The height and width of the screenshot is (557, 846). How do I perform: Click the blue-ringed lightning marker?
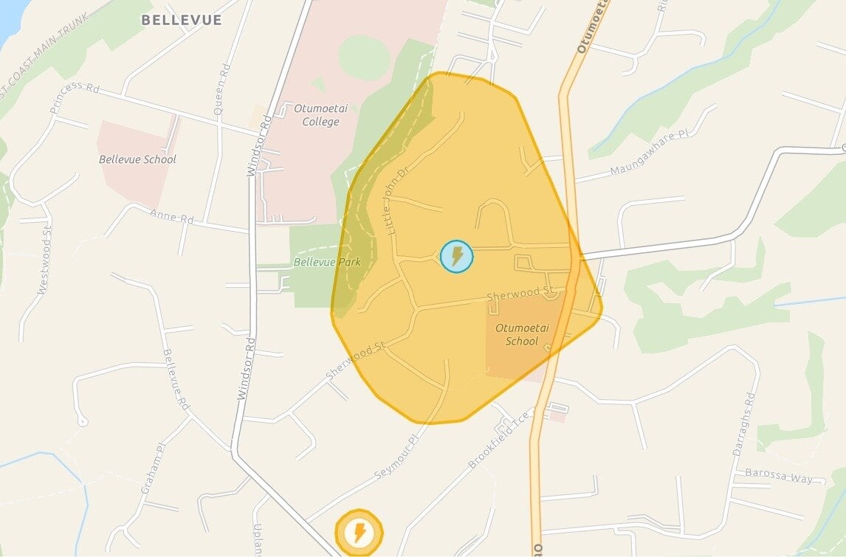point(456,256)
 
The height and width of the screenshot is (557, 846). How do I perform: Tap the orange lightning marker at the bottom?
point(360,532)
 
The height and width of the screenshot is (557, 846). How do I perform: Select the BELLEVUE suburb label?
point(182,20)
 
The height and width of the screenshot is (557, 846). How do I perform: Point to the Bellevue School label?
point(137,159)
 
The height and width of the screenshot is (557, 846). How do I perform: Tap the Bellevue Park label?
point(326,262)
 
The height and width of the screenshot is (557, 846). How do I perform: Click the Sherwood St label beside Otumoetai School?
point(520,295)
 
